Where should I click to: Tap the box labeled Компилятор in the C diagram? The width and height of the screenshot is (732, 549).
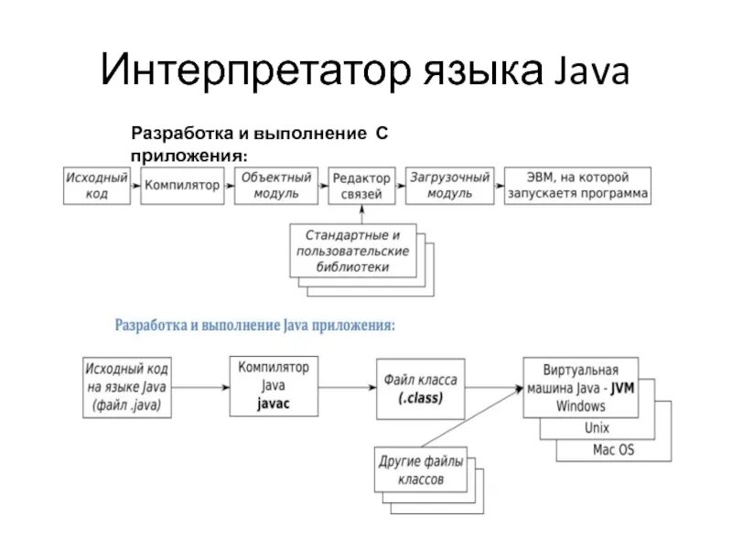pyautogui.click(x=182, y=185)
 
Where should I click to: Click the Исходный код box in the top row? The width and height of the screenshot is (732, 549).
pyautogui.click(x=96, y=185)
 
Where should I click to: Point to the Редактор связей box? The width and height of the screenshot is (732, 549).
pyautogui.click(x=361, y=185)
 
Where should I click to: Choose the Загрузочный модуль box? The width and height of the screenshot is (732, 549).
pyautogui.click(x=450, y=185)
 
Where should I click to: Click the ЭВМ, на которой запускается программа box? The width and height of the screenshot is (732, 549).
pyautogui.click(x=577, y=185)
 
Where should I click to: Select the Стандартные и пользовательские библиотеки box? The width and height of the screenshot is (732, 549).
pyautogui.click(x=352, y=250)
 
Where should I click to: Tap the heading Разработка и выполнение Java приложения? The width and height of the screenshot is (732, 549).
pyautogui.click(x=254, y=325)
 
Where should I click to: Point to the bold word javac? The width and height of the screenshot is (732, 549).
pyautogui.click(x=273, y=404)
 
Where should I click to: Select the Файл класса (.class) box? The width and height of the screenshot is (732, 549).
pyautogui.click(x=420, y=388)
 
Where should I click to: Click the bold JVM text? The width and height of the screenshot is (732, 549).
pyautogui.click(x=621, y=388)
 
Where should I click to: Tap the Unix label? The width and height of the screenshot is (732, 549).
pyautogui.click(x=595, y=427)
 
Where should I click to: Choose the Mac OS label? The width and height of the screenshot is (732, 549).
pyautogui.click(x=613, y=449)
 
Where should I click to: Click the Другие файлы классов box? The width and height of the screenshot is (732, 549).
pyautogui.click(x=421, y=468)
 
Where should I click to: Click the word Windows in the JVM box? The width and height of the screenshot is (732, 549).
pyautogui.click(x=580, y=404)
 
